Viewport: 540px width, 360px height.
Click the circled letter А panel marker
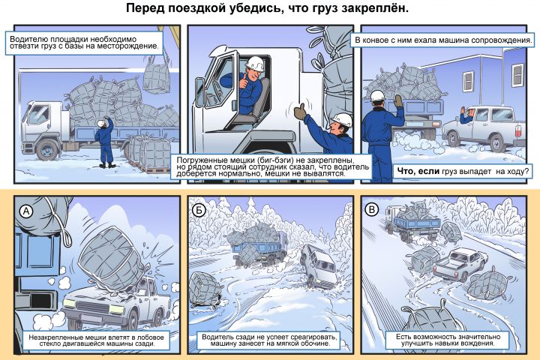point(26,211)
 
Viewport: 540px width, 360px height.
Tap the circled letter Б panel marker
point(199,210)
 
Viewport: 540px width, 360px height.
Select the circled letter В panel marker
point(371,209)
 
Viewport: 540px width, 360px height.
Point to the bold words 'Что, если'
point(418,171)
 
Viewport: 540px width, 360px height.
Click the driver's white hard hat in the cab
point(255,64)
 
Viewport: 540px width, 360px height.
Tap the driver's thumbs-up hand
point(244,82)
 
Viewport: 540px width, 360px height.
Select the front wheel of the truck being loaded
point(47,150)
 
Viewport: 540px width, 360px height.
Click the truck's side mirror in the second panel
point(199,91)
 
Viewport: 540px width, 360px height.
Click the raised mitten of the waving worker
point(397,101)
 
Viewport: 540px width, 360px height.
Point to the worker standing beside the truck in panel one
point(106,142)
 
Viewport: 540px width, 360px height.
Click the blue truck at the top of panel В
point(412,221)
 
